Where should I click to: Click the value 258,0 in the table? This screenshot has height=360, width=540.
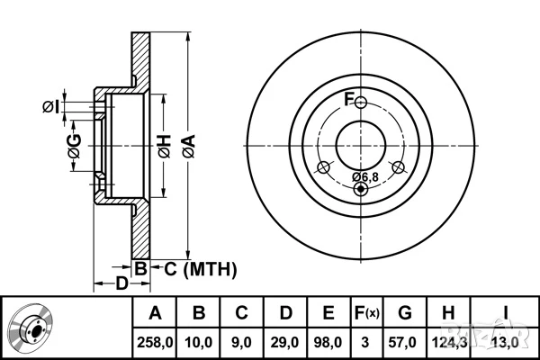point(156,341)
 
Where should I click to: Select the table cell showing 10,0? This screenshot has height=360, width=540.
point(199,341)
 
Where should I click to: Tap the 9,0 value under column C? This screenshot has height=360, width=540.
point(241,341)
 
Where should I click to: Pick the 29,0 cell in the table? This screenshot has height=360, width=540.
point(285,341)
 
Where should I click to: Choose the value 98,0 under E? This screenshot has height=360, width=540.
point(328,341)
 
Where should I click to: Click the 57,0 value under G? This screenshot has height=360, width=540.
point(405,341)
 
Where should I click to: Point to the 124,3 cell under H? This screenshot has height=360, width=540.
point(447,341)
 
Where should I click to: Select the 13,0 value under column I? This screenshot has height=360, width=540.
point(506,341)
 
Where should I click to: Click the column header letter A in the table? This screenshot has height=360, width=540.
point(156,314)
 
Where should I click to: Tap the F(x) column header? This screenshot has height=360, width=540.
point(366,314)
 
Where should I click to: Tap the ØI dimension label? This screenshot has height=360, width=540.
point(51,108)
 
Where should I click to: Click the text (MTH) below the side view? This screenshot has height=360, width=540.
point(209,267)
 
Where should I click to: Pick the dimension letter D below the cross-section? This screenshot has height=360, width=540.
point(121,284)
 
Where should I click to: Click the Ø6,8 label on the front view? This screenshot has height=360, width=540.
point(364,175)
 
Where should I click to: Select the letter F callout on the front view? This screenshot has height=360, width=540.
point(350,97)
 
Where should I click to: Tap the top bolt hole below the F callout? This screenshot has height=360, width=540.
point(361,103)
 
